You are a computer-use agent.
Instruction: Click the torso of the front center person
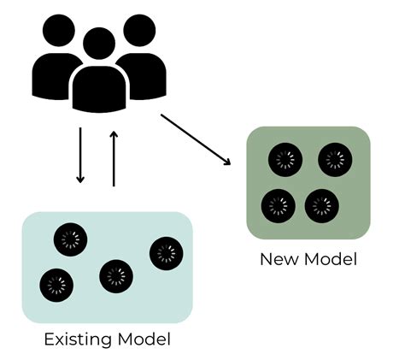click(x=98, y=91)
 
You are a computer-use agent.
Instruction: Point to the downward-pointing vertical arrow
click(x=80, y=155)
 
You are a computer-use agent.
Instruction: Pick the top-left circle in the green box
click(x=284, y=160)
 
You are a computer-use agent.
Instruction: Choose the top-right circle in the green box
click(x=334, y=160)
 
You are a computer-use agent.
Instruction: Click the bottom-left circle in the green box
click(x=277, y=205)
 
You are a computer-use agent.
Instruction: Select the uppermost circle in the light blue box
click(x=69, y=240)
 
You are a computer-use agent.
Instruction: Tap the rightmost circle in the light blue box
click(x=166, y=252)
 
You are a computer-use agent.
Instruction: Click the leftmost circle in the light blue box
click(x=56, y=283)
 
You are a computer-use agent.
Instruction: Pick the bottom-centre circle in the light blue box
click(x=115, y=276)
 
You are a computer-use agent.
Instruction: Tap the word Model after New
click(x=329, y=258)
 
